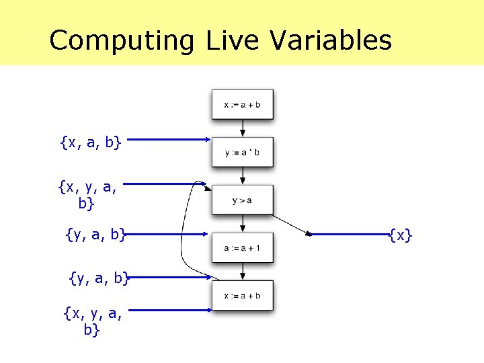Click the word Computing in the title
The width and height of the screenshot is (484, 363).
point(121,40)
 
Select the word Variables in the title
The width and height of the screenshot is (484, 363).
point(331,40)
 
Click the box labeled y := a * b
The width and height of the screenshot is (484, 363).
point(243,153)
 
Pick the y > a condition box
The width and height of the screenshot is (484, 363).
point(243,200)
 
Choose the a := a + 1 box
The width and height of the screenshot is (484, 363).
point(243,248)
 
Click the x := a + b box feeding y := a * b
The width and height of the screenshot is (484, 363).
point(243,104)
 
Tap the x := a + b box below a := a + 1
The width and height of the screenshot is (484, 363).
point(243,295)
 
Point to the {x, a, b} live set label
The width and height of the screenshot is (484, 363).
point(90,142)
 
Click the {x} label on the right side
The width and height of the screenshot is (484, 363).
point(401,235)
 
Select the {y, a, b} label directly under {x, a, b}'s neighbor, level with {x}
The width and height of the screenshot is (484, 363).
point(97,234)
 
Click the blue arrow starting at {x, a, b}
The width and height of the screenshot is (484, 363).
point(168,140)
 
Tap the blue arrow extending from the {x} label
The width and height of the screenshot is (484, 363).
point(350,235)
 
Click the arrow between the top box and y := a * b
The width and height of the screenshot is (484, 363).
point(243,128)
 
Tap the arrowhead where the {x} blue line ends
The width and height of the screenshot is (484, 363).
point(309,235)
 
